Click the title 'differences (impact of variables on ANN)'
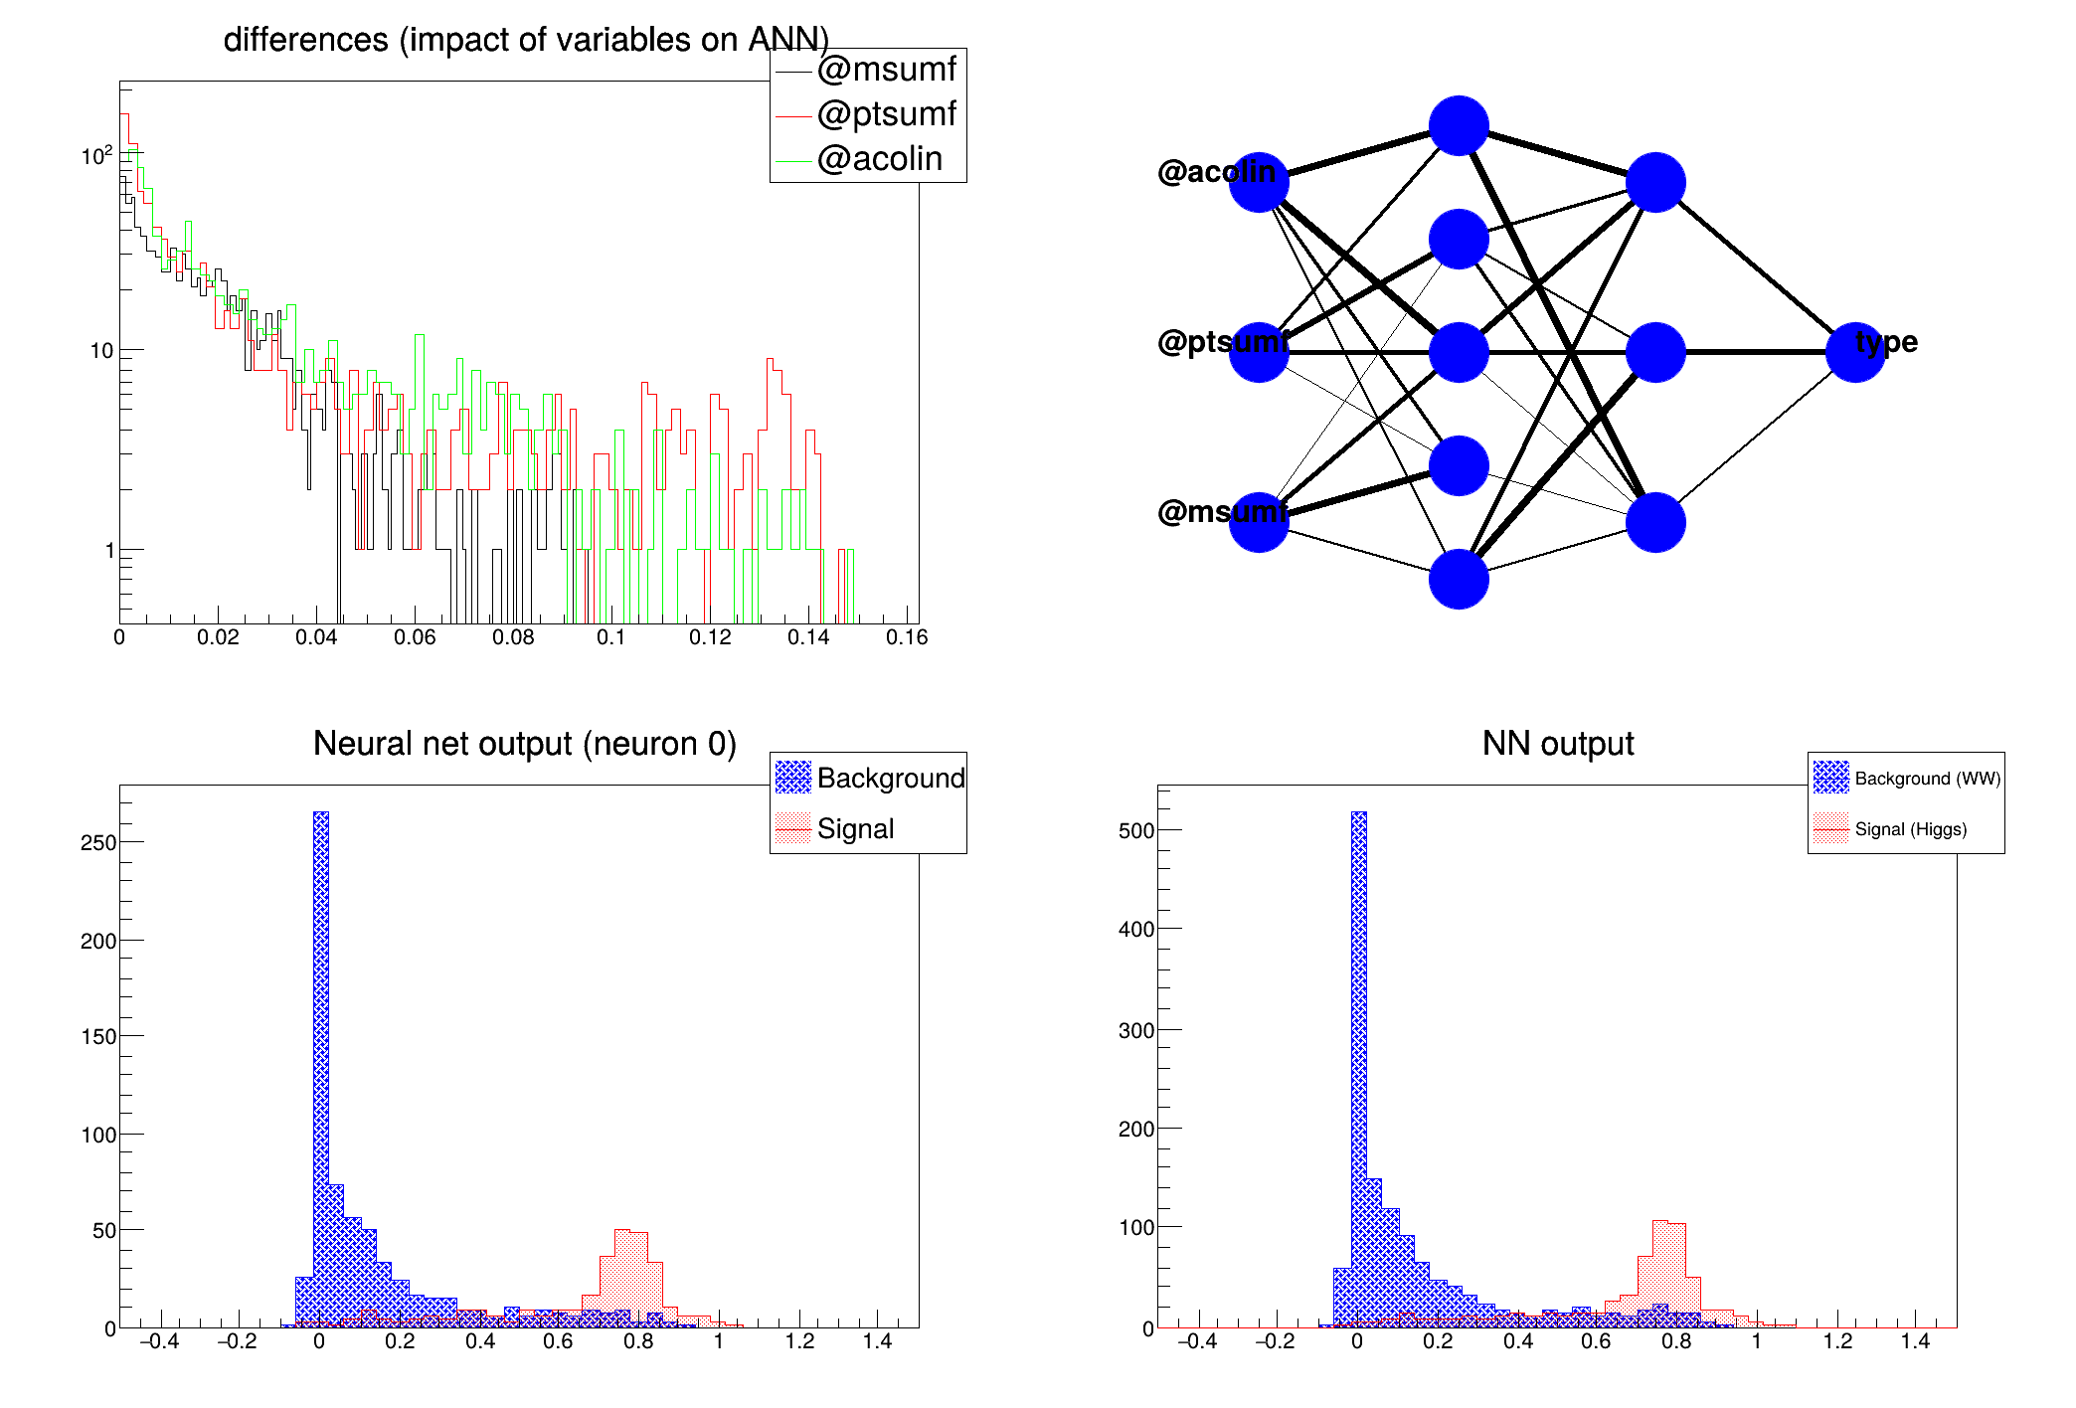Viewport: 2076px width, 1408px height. pyautogui.click(x=526, y=40)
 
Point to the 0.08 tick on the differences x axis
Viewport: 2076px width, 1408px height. pyautogui.click(x=513, y=637)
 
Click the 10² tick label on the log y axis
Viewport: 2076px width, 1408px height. pyautogui.click(x=96, y=156)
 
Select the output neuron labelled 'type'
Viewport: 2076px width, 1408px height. pyautogui.click(x=1855, y=352)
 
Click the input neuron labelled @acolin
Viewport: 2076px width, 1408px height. pyautogui.click(x=1259, y=183)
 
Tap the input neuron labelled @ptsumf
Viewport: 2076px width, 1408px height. pyautogui.click(x=1259, y=352)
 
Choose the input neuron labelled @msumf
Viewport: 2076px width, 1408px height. pyautogui.click(x=1259, y=522)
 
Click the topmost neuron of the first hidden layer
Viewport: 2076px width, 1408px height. pyautogui.click(x=1459, y=126)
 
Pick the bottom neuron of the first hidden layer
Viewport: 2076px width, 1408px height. pyautogui.click(x=1459, y=579)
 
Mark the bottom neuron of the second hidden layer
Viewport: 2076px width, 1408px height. pyautogui.click(x=1655, y=522)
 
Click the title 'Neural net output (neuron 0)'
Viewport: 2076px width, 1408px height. pyautogui.click(x=524, y=744)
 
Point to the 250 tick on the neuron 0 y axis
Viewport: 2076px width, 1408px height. pyautogui.click(x=97, y=842)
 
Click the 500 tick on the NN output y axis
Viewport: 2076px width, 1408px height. pyautogui.click(x=1135, y=830)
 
